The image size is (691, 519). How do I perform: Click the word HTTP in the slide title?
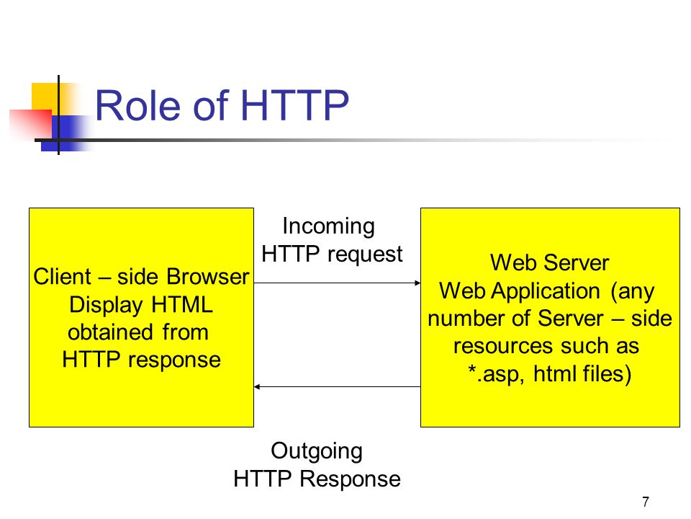(294, 105)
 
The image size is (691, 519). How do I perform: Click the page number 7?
(646, 502)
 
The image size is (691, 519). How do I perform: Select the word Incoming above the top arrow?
(329, 227)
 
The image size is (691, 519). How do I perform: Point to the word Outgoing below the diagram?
(317, 452)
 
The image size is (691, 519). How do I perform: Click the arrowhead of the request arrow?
(417, 283)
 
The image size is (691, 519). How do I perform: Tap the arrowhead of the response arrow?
(258, 386)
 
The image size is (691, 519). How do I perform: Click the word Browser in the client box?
(208, 277)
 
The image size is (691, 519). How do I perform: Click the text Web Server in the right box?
(549, 262)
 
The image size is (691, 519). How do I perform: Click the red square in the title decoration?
(30, 125)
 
